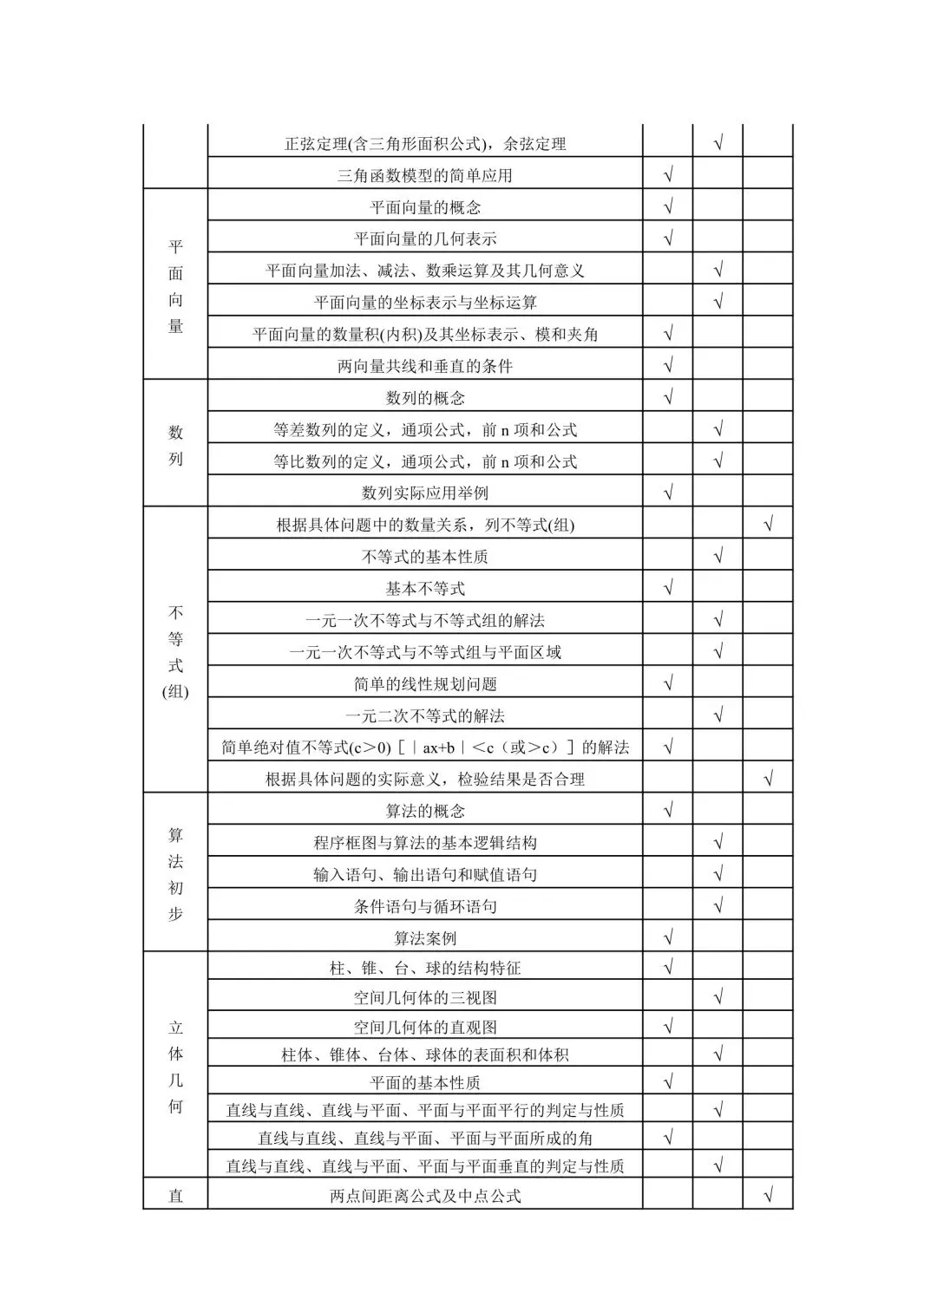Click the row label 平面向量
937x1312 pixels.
[x=175, y=286]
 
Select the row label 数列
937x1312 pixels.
[x=175, y=445]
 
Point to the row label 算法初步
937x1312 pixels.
[x=175, y=874]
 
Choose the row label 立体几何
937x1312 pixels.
[x=175, y=1067]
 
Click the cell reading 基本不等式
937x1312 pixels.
[x=425, y=589]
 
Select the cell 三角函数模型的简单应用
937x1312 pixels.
[x=425, y=176]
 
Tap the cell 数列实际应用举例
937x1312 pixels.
[x=425, y=493]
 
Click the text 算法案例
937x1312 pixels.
[x=425, y=938]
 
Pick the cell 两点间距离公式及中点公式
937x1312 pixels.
[x=425, y=1197]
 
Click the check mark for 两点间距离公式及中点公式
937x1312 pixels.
[x=768, y=1197]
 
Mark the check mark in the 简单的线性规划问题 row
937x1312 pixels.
[x=668, y=683]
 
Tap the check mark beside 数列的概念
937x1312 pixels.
[x=668, y=398]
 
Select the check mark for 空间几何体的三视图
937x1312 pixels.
[x=718, y=997]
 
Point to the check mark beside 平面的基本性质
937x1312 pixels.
[x=668, y=1081]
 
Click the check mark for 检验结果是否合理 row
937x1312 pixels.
[x=768, y=779]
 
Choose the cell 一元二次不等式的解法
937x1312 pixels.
[x=425, y=716]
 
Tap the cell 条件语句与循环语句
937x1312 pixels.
[x=425, y=907]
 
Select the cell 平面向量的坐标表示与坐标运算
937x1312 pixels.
[x=425, y=303]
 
